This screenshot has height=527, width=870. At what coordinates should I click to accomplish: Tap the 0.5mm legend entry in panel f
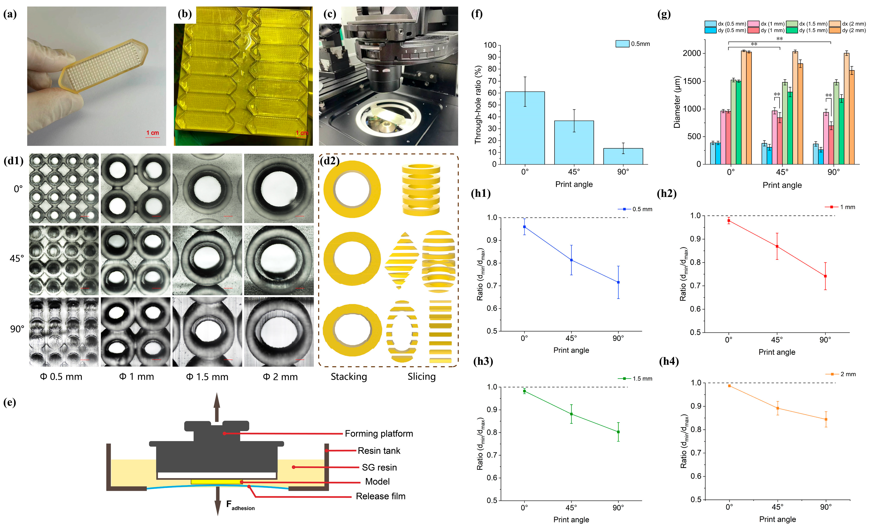[x=632, y=44]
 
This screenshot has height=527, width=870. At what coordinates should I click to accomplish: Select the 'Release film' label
[x=380, y=496]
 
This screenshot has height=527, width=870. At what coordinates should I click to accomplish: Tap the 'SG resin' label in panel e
[x=379, y=467]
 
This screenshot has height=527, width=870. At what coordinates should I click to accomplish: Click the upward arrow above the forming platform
[x=217, y=406]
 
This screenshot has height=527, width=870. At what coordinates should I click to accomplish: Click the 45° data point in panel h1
[x=571, y=260]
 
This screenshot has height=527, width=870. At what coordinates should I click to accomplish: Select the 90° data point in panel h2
[x=825, y=276]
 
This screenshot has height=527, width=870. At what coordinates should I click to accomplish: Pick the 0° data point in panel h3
[x=524, y=391]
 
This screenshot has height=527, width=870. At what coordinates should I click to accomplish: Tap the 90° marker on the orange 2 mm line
[x=826, y=419]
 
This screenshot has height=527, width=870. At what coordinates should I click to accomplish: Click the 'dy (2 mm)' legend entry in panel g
[x=847, y=30]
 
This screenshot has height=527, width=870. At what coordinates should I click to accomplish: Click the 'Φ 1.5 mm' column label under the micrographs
[x=207, y=377]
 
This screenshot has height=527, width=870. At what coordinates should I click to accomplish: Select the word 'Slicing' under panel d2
[x=422, y=376]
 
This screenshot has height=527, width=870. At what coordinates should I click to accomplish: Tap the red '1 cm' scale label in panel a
[x=153, y=133]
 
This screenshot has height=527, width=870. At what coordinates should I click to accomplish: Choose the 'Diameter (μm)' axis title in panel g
[x=677, y=102]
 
